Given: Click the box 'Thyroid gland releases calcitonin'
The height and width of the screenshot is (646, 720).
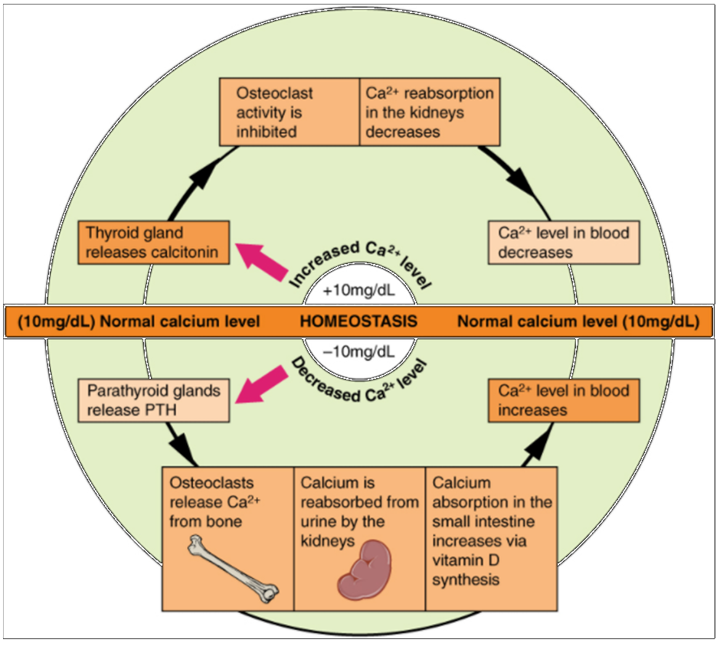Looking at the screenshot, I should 154,243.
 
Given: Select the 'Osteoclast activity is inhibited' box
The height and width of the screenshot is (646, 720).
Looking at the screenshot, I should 288,111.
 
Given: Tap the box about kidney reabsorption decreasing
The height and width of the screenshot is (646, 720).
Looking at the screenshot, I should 430,111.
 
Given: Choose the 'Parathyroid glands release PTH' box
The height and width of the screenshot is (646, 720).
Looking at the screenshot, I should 154,400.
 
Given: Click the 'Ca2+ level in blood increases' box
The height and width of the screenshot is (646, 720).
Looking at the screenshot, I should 564,400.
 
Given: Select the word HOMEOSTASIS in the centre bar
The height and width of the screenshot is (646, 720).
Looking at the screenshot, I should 358,321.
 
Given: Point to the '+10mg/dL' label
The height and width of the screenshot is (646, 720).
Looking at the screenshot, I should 358,291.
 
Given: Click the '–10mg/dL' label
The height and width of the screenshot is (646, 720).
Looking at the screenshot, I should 358,352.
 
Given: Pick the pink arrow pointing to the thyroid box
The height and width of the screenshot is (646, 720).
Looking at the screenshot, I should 260,260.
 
